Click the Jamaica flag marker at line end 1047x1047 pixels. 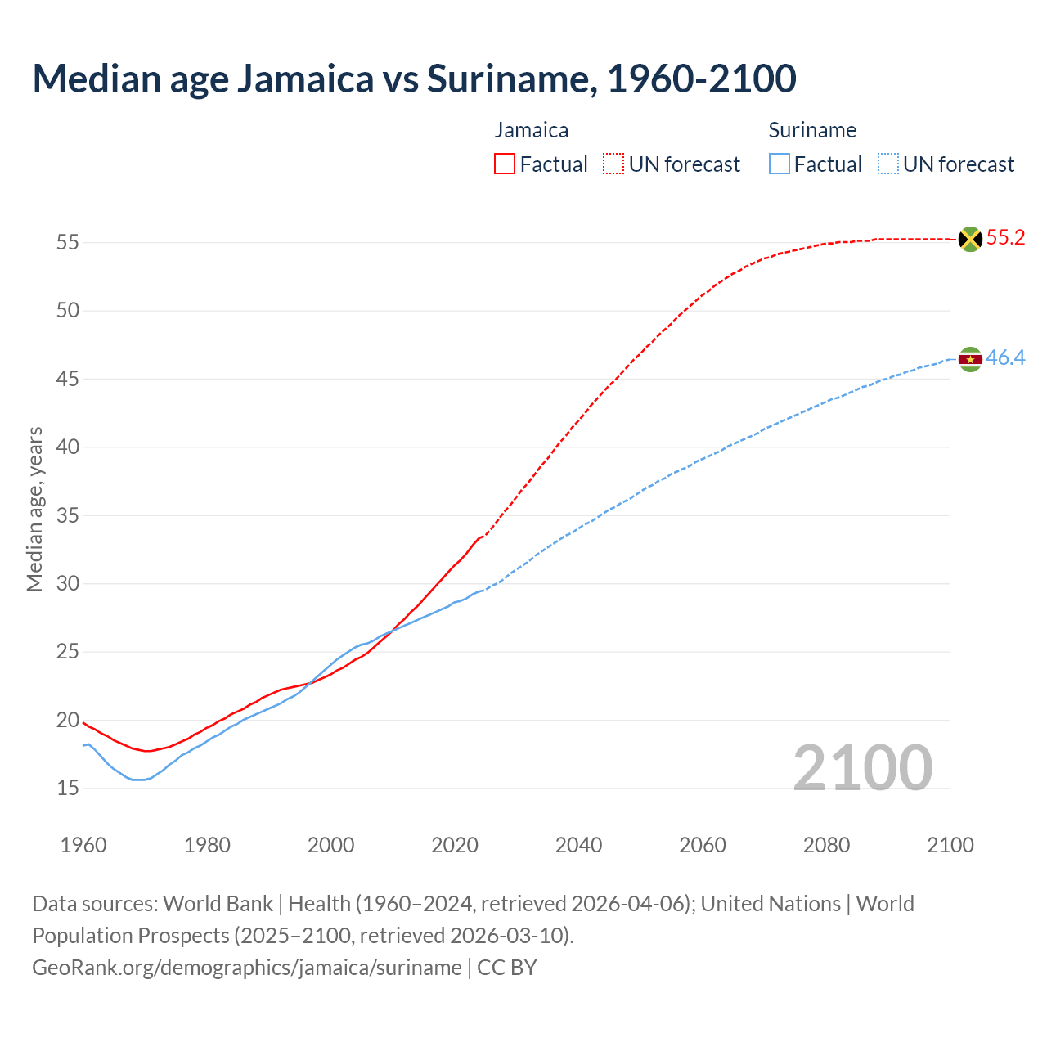coord(970,239)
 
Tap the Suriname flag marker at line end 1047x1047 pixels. coord(970,359)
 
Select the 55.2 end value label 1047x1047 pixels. coord(1005,238)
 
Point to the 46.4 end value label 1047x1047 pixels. coord(1005,358)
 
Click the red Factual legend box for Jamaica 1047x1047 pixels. coord(505,164)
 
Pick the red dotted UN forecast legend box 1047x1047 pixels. coord(613,164)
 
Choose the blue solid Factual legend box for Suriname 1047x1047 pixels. coord(780,164)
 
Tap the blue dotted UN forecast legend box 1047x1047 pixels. coord(888,164)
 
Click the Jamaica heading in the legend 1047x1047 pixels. coord(532,130)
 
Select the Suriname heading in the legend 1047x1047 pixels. coord(812,130)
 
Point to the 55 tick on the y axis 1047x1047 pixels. coord(68,243)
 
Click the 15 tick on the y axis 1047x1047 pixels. coord(68,789)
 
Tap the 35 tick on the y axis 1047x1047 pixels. coord(68,515)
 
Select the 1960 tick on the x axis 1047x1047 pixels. coord(83,845)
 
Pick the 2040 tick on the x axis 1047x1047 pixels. coord(578,845)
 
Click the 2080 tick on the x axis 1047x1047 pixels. coord(826,845)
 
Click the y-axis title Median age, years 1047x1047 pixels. coord(34,509)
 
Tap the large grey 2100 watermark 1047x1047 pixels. coord(862,767)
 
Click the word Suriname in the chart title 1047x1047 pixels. coord(506,79)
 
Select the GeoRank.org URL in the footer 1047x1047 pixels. coord(247,968)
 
